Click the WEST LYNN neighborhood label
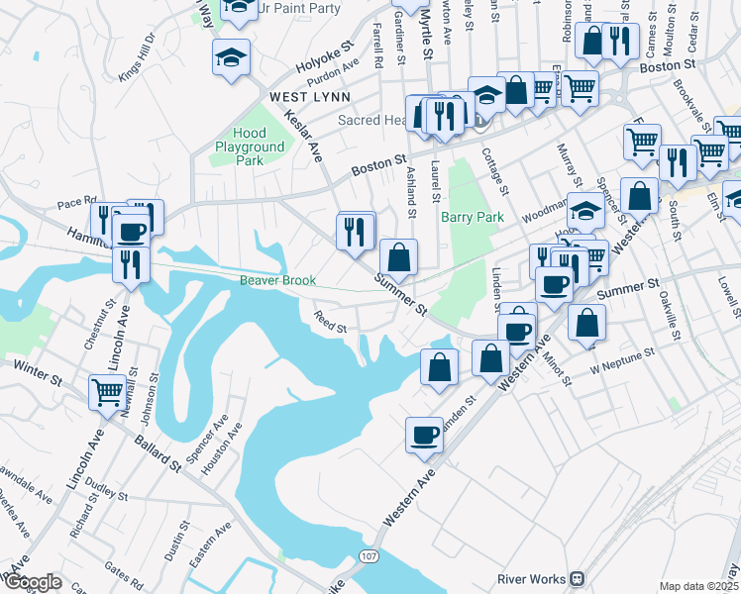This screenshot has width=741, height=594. [x=309, y=97]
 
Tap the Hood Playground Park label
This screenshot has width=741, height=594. [x=250, y=147]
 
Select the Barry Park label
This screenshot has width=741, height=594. [x=473, y=217]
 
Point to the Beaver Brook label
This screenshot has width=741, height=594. [x=277, y=280]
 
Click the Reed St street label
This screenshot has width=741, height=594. [x=330, y=323]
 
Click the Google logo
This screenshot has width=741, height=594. [x=34, y=582]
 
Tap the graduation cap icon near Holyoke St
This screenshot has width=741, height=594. [x=230, y=57]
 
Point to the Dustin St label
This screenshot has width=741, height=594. [x=179, y=540]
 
